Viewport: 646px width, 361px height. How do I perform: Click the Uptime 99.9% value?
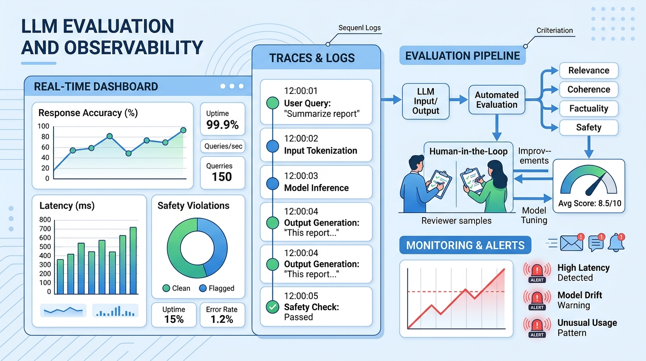223,125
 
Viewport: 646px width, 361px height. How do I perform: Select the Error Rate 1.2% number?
222,319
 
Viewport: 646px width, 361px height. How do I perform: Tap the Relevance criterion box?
588,71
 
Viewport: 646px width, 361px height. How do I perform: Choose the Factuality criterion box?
588,109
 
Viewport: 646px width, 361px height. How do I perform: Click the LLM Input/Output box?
426,101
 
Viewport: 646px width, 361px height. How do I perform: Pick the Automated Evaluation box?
497,100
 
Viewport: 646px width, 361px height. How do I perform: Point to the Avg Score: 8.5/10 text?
589,204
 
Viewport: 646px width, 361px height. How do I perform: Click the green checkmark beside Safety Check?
272,307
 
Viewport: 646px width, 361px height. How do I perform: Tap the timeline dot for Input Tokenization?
272,147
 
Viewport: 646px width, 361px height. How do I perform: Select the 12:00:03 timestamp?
301,176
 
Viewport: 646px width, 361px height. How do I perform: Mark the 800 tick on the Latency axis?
45,220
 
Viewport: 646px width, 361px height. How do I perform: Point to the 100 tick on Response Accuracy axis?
44,126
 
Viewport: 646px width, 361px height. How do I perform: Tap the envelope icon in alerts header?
571,243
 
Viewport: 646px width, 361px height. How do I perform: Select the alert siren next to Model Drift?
537,298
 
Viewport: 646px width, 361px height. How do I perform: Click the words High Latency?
584,268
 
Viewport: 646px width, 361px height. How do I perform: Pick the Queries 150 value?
222,177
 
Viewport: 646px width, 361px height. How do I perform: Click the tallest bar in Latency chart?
133,260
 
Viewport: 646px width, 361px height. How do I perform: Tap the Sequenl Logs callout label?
360,28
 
